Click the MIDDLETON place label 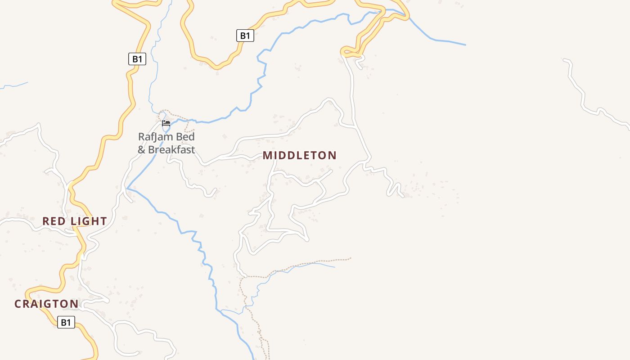click(x=300, y=156)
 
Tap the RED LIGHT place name click(x=75, y=221)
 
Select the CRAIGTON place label click(x=46, y=304)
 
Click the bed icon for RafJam click(x=166, y=123)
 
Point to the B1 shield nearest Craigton click(x=66, y=322)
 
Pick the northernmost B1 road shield click(x=245, y=36)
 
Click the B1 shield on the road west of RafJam click(x=137, y=59)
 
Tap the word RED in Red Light click(x=54, y=221)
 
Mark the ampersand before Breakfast click(x=141, y=149)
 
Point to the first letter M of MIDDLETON click(x=267, y=156)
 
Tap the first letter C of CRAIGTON click(x=18, y=304)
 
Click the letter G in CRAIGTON click(x=49, y=304)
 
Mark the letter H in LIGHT click(x=95, y=221)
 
